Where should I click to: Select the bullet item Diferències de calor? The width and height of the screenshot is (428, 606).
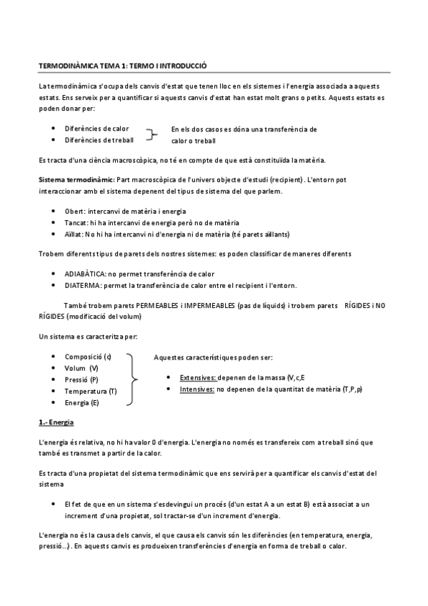pos(96,129)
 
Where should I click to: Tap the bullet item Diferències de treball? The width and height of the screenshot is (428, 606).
pos(99,140)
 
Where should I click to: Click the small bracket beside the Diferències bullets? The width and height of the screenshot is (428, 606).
pos(151,134)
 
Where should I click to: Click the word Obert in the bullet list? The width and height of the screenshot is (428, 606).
pos(74,212)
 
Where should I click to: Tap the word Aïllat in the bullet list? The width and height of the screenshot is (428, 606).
pos(74,234)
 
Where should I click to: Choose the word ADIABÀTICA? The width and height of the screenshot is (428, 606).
pos(84,274)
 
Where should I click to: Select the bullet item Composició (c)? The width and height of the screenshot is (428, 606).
pos(88,356)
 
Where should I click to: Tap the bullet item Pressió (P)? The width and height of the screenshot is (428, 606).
pos(81,379)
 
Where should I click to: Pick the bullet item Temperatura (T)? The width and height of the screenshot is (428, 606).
pos(91,391)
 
